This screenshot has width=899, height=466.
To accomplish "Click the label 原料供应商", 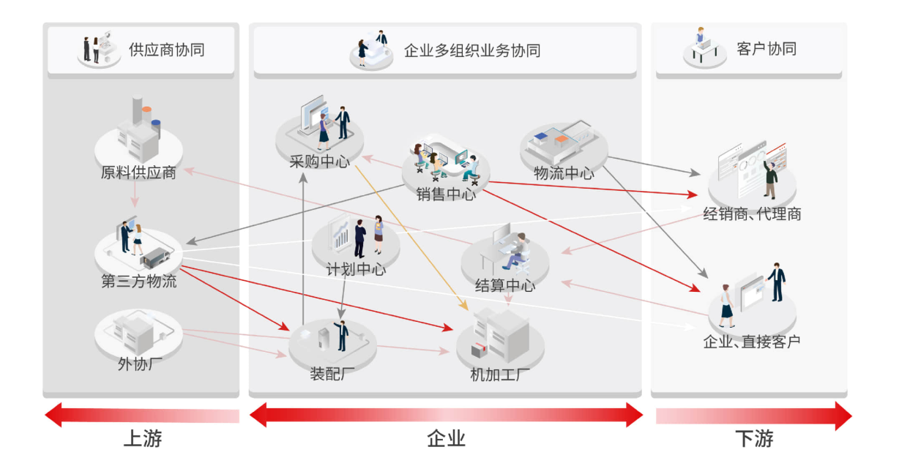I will (x=138, y=173).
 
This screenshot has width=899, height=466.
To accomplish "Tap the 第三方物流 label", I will (x=138, y=281).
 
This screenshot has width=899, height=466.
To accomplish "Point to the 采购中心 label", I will (x=319, y=162).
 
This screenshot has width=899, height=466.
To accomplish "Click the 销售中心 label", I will (x=446, y=195).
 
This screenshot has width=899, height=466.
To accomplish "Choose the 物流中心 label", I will (x=564, y=173).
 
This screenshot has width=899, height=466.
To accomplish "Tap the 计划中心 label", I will (x=356, y=269).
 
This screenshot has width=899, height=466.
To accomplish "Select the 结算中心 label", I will (x=504, y=285).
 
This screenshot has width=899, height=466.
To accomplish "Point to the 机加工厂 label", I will (x=500, y=376).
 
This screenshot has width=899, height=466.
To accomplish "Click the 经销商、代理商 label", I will (x=752, y=214).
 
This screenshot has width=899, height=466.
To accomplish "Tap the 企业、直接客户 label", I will (x=752, y=341).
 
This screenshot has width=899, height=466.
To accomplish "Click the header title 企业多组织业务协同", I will (x=472, y=50).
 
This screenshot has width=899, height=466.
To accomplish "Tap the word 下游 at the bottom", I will (x=753, y=439).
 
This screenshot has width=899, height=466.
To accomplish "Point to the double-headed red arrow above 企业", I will (x=446, y=416).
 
